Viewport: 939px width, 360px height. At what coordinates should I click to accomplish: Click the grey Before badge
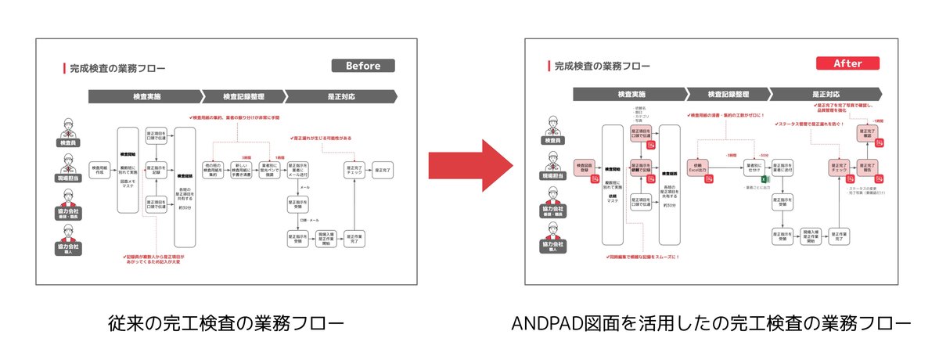coord(363,66)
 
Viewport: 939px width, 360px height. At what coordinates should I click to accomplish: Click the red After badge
coord(847,63)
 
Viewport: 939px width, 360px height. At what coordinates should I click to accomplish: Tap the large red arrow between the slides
coord(469,167)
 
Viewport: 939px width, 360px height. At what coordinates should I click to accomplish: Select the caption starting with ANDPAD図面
coord(711,323)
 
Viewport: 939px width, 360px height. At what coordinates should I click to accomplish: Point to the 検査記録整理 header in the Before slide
coord(243,97)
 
